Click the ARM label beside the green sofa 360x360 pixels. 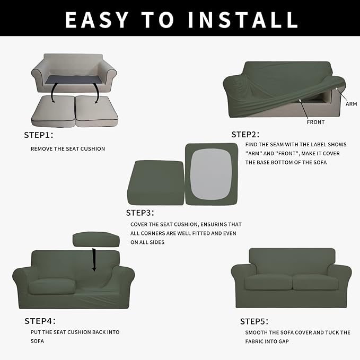351,104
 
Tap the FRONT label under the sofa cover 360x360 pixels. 315,122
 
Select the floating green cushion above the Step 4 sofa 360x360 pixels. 95,239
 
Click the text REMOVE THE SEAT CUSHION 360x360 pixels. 68,149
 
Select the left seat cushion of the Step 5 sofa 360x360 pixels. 268,282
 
